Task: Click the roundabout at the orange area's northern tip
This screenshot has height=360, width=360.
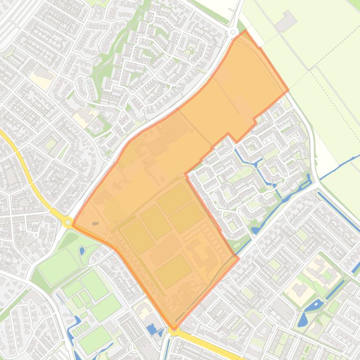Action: (x=233, y=32)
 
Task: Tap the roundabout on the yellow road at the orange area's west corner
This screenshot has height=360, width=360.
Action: (x=68, y=222)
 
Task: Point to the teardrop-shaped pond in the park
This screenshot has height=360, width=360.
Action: (x=82, y=250)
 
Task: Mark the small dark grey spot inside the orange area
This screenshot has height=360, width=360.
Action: (x=96, y=223)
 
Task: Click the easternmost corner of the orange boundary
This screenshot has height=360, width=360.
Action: (x=288, y=90)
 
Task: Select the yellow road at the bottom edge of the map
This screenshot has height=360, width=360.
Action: (x=211, y=346)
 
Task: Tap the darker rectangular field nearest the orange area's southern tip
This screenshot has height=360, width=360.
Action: (x=173, y=271)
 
